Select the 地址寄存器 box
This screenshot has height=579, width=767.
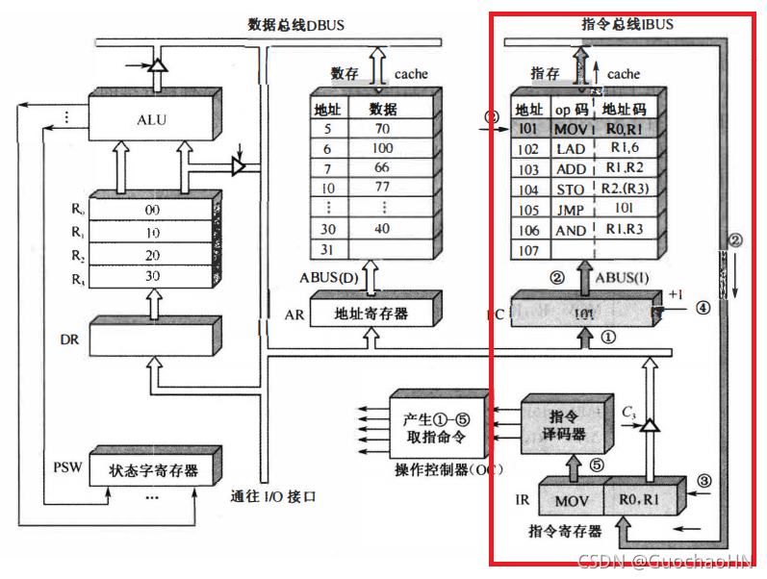click(x=371, y=314)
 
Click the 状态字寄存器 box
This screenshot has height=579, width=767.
click(x=152, y=470)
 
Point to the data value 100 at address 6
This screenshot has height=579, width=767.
click(x=382, y=149)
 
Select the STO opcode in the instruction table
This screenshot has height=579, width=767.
click(x=570, y=189)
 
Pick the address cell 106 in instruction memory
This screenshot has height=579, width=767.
click(x=528, y=231)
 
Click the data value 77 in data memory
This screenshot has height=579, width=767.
click(x=382, y=187)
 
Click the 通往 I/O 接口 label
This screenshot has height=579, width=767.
click(x=274, y=498)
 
